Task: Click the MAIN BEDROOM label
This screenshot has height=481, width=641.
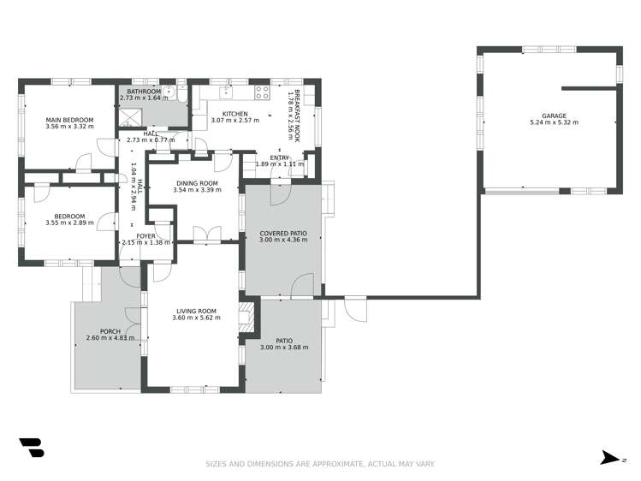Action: (69, 120)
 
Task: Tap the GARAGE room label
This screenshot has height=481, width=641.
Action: (554, 116)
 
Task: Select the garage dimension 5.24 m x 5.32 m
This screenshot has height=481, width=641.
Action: (554, 123)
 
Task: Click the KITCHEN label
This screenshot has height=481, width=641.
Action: (235, 114)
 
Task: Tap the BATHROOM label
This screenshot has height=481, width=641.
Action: (144, 92)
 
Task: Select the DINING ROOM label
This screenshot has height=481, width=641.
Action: (198, 183)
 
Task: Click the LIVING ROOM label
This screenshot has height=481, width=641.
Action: (196, 311)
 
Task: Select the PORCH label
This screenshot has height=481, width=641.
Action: (110, 330)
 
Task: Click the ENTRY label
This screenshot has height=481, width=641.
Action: (280, 157)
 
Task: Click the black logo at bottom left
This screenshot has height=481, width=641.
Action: (31, 448)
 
